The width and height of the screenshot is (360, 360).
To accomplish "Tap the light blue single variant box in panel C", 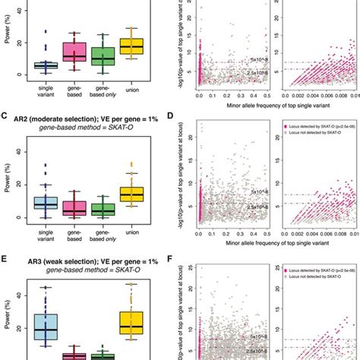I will (46, 202).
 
